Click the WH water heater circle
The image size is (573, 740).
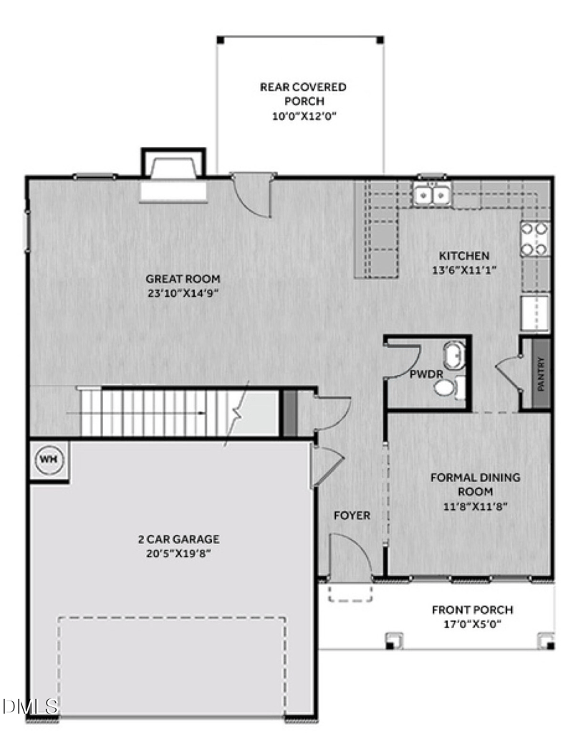pyautogui.click(x=47, y=458)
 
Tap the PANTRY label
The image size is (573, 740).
pyautogui.click(x=541, y=374)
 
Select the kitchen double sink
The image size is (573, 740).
pyautogui.click(x=432, y=193)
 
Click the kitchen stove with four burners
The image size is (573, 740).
pyautogui.click(x=536, y=239)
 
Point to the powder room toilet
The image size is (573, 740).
pyautogui.click(x=446, y=388)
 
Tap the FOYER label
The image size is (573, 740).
pyautogui.click(x=352, y=516)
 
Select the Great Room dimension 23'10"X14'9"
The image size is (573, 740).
pyautogui.click(x=183, y=293)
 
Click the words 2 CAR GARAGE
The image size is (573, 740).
pyautogui.click(x=178, y=539)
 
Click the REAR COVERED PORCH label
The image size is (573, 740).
pyautogui.click(x=303, y=94)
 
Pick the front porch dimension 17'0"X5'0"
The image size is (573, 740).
pyautogui.click(x=472, y=623)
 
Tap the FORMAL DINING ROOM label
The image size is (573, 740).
pyautogui.click(x=475, y=484)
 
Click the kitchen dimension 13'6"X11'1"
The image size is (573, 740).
pyautogui.click(x=464, y=270)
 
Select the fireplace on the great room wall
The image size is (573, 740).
pyautogui.click(x=173, y=179)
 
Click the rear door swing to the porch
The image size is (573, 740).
pyautogui.click(x=255, y=194)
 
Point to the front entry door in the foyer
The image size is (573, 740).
pyautogui.click(x=350, y=559)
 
